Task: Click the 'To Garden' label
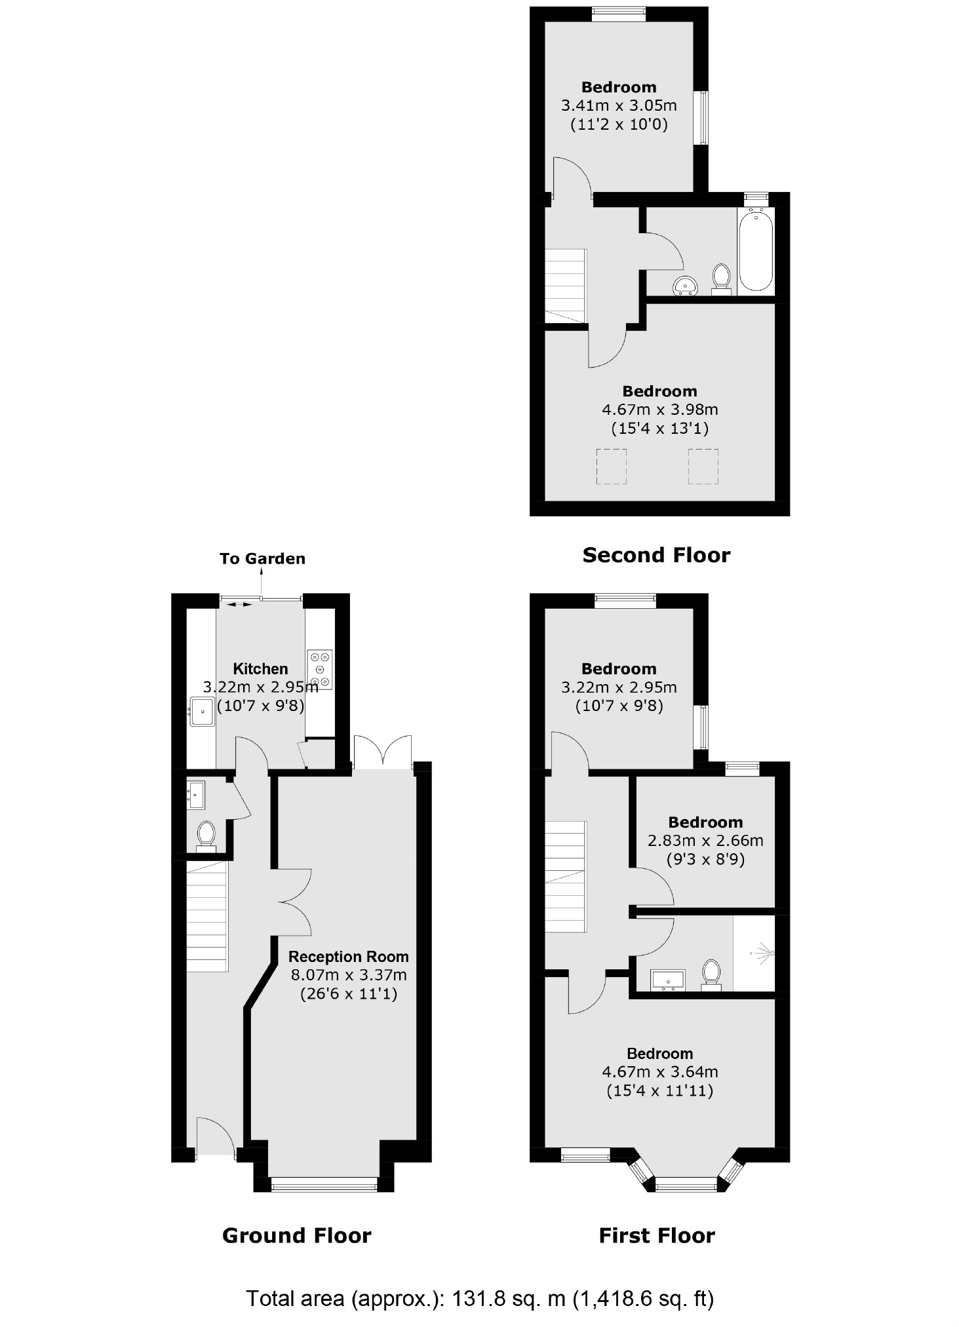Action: (x=262, y=558)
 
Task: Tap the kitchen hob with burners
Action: (x=320, y=669)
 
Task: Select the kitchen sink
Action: (x=203, y=712)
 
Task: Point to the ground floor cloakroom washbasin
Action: (x=197, y=795)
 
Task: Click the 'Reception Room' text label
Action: (x=348, y=956)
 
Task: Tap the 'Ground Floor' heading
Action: (x=296, y=1235)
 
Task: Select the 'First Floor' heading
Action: (x=656, y=1235)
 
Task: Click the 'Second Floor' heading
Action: (x=656, y=555)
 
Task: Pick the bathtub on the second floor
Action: (x=756, y=250)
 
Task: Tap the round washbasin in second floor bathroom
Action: (x=686, y=286)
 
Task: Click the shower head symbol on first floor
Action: (x=764, y=952)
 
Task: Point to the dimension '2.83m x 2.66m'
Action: (x=705, y=840)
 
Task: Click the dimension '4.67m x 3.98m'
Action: (x=659, y=410)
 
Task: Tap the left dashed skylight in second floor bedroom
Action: (x=611, y=466)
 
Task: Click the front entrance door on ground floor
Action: (x=215, y=1140)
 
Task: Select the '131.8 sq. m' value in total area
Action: (x=508, y=1298)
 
